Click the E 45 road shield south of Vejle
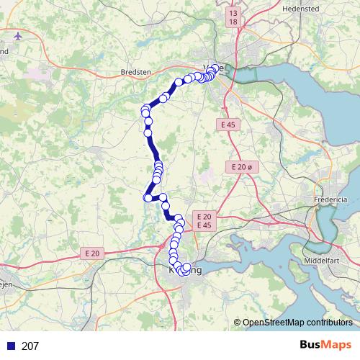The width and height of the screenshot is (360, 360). pos(228,125)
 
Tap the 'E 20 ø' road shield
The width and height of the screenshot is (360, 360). pos(243,167)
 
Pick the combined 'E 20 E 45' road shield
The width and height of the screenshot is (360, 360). pos(204,221)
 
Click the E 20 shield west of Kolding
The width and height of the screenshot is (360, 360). pos(92,253)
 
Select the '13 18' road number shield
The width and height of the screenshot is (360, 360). pos(232,18)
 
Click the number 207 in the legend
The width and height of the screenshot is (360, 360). pos(30,346)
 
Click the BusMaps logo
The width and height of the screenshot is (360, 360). pos(325,345)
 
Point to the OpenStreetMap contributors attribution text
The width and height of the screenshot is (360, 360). pos(297,323)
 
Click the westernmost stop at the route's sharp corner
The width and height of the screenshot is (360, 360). pos(148,198)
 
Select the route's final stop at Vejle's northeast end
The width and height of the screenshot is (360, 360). pos(215,68)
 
